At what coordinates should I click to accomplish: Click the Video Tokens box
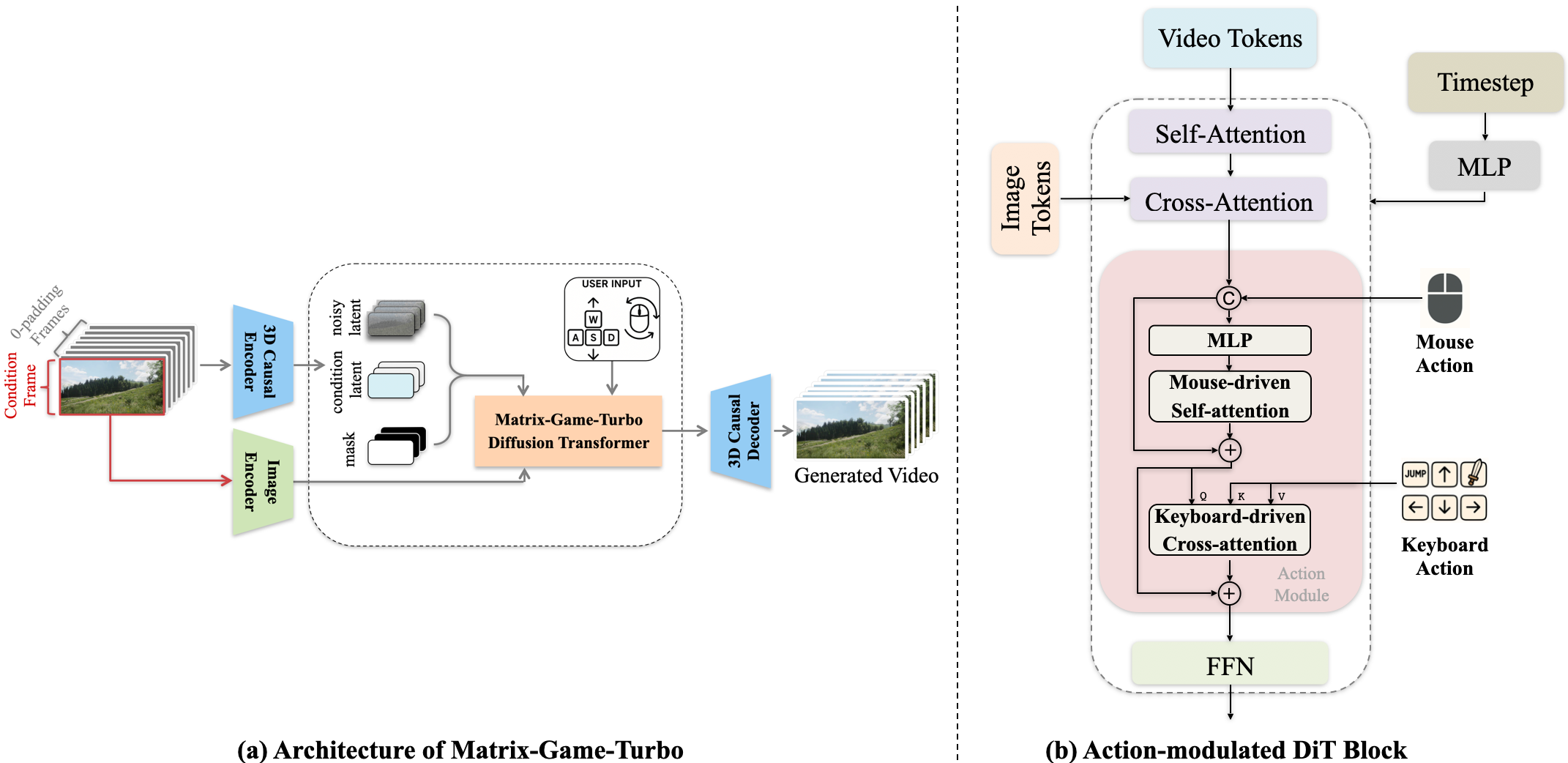pos(1230,39)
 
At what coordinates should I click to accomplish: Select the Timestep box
pos(1485,83)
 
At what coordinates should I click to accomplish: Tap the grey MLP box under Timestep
pos(1484,167)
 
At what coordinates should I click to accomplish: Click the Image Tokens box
pos(1025,198)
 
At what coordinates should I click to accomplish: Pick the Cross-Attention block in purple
pos(1228,202)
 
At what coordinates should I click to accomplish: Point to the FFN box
pos(1230,666)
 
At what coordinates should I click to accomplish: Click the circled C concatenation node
pos(1228,298)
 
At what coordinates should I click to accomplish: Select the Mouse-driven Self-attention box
pos(1230,396)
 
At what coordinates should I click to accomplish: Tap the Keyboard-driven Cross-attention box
pos(1230,530)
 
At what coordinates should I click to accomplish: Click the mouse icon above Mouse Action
pos(1444,298)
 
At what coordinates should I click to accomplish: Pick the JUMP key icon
pos(1415,474)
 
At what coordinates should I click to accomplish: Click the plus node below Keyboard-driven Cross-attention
pos(1229,593)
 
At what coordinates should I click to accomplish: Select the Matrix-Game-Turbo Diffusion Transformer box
pos(568,431)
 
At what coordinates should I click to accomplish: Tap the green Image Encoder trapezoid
pos(262,481)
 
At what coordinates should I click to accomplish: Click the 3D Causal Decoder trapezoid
pos(742,431)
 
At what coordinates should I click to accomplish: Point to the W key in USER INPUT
pos(593,319)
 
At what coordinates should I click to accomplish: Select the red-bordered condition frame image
pos(112,387)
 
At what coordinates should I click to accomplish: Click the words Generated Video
pos(866,476)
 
